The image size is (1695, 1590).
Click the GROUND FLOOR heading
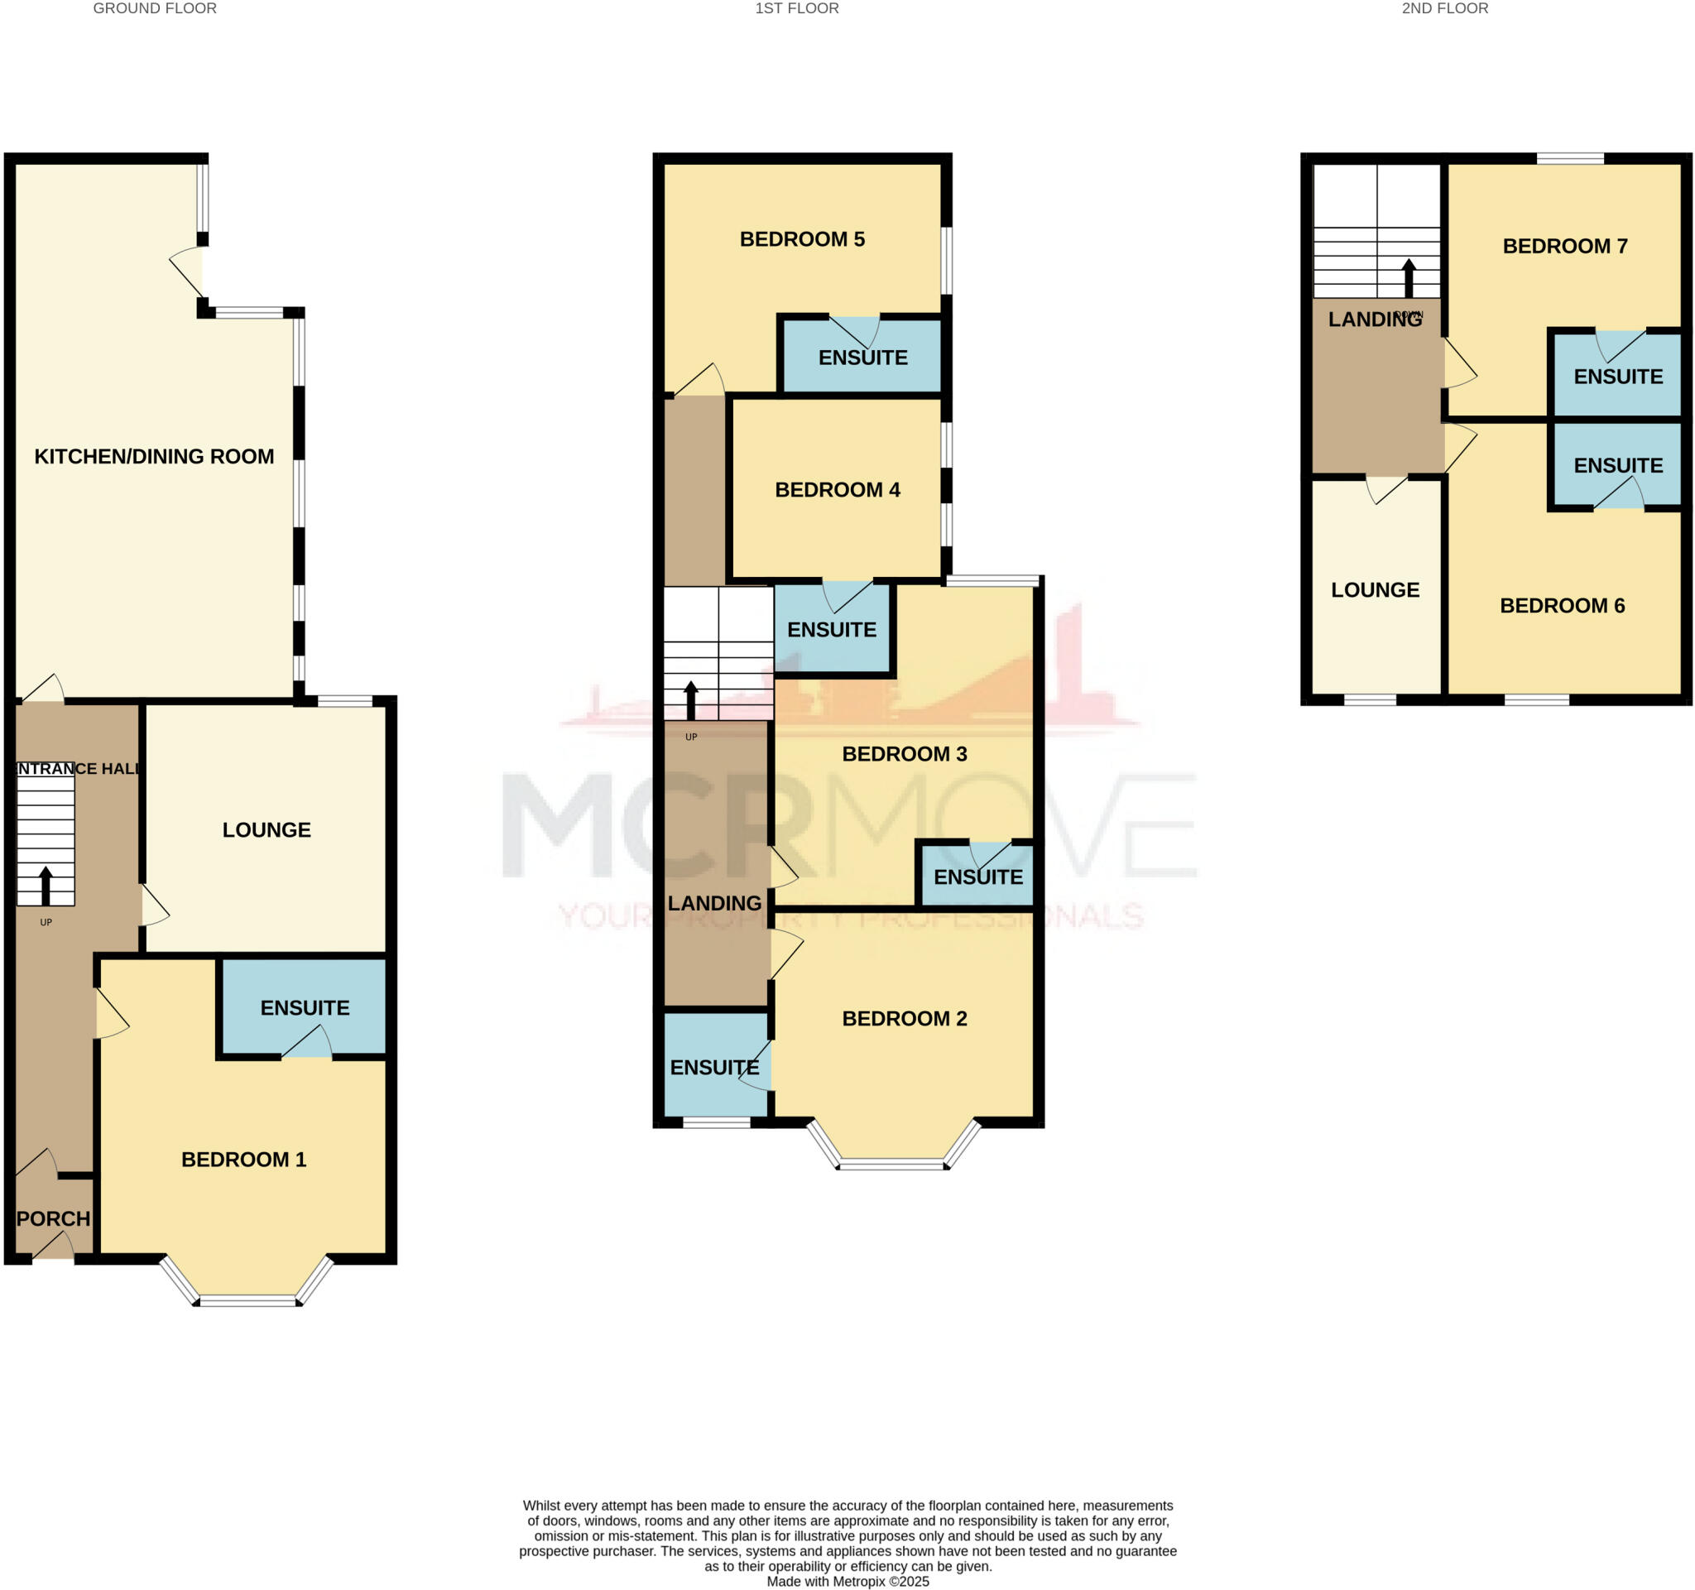(154, 8)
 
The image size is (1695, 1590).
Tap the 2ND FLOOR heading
(1444, 8)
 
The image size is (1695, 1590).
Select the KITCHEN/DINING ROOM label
(154, 456)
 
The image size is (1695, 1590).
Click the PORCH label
(53, 1218)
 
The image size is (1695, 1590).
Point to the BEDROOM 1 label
(244, 1159)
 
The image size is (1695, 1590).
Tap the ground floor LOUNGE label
(266, 829)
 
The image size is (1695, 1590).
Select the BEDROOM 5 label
(801, 238)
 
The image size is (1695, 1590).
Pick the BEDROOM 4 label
(837, 489)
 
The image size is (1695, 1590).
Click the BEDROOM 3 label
(904, 754)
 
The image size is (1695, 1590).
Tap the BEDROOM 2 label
(904, 1018)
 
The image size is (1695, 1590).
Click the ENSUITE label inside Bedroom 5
(862, 358)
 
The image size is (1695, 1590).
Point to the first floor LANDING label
(713, 903)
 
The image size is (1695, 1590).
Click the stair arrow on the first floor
(690, 700)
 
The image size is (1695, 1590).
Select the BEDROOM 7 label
(1564, 247)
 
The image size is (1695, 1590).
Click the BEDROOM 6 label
(1562, 605)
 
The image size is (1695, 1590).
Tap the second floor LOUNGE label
(1375, 590)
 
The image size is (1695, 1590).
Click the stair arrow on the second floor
(1409, 277)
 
